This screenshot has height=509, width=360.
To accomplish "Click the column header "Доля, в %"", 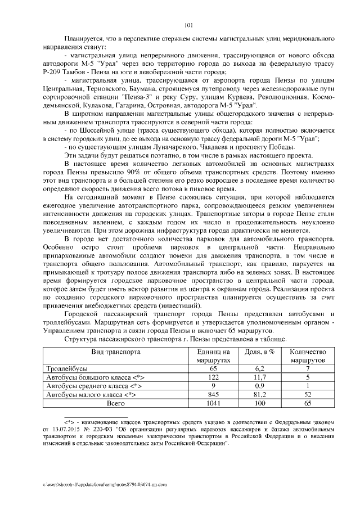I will [260, 351].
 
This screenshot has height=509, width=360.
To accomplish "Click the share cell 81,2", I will [260, 395].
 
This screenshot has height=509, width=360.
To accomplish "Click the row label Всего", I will [116, 404].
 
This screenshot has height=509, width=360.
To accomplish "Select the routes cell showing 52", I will [307, 395].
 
